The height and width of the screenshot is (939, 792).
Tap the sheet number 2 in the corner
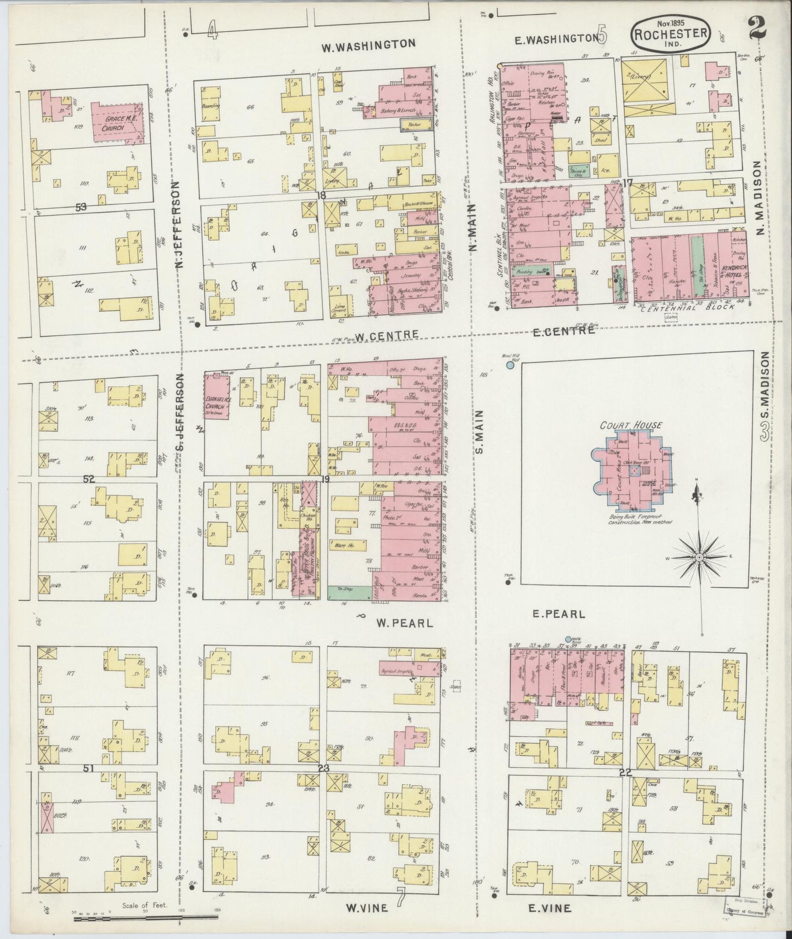click(758, 27)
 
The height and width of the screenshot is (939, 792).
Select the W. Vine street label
click(367, 908)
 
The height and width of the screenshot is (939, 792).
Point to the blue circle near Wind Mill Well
click(510, 364)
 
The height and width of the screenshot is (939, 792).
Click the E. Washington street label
click(556, 38)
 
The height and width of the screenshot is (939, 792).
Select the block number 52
click(89, 479)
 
